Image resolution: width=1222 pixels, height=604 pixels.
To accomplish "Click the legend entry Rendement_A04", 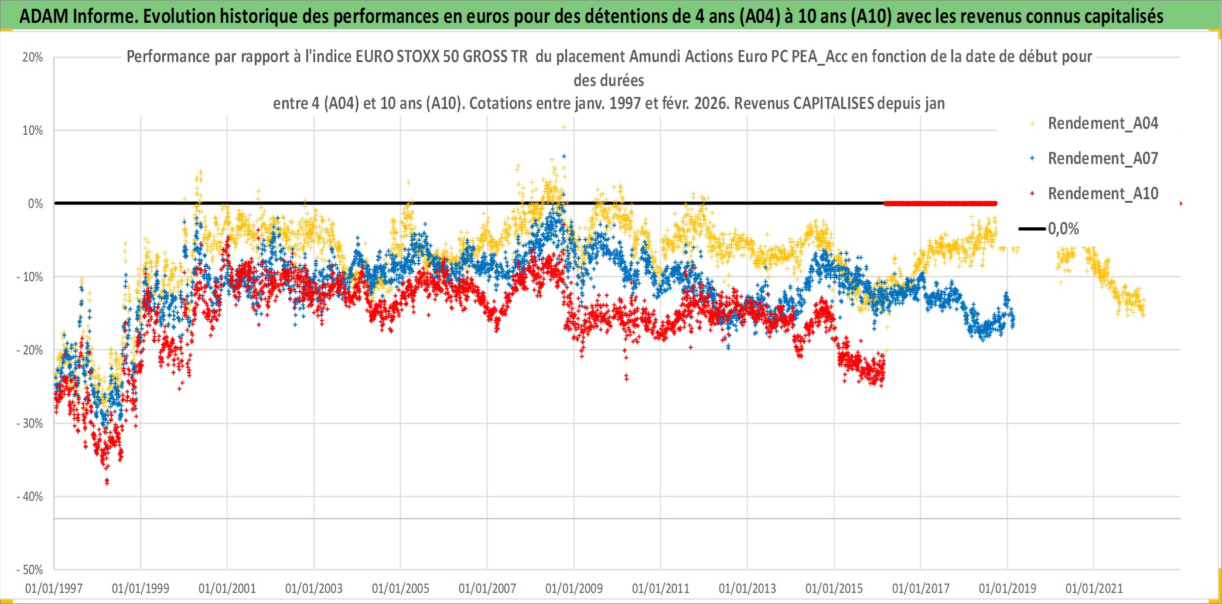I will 1102,124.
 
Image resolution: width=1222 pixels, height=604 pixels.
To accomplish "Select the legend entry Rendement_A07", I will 1102,159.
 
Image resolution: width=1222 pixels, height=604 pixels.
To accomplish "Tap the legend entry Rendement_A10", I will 1102,194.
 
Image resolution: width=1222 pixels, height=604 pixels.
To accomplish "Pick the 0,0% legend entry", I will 1063,229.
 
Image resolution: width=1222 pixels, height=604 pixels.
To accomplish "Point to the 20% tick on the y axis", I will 33,57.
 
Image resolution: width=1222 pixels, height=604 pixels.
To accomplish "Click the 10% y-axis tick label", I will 33,131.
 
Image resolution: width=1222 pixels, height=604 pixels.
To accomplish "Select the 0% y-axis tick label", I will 35,204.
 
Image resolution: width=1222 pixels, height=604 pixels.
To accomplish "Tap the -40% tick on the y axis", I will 29,497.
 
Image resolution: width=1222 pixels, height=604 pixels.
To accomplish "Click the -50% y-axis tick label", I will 29,570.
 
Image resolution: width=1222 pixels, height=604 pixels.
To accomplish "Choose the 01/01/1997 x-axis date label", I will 54,588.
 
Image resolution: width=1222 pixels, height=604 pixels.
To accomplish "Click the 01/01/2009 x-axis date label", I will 574,588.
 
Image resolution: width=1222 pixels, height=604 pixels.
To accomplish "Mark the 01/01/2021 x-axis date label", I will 1094,588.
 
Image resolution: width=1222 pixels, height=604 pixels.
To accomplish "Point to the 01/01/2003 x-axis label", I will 313,588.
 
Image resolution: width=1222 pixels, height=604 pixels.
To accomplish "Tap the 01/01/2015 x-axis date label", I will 834,588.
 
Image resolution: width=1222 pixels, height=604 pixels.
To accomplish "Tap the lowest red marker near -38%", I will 107,482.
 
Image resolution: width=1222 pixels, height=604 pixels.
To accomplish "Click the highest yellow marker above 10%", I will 564,127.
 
